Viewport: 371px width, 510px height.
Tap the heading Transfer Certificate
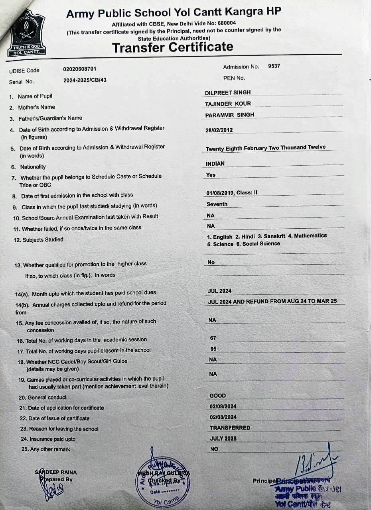tap(172, 47)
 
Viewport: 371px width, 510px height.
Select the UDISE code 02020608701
tap(79, 69)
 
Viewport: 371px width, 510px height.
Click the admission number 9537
tap(274, 66)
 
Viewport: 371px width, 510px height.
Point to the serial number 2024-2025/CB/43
tap(85, 80)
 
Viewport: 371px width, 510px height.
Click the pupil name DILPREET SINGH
tap(228, 92)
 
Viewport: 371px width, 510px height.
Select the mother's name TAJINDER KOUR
tap(228, 104)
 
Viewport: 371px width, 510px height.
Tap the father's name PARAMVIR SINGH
tap(229, 115)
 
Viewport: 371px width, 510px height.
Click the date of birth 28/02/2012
tap(219, 130)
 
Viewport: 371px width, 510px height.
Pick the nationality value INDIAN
tap(215, 163)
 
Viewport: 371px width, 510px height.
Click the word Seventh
tap(217, 204)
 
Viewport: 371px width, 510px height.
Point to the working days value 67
tap(213, 338)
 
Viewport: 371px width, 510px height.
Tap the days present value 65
tap(213, 349)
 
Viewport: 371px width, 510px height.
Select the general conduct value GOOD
tap(217, 396)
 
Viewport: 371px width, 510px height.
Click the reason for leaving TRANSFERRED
tap(230, 428)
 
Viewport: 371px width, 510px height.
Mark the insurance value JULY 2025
tap(223, 438)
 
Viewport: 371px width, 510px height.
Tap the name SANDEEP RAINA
tap(56, 472)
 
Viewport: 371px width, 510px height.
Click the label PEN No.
tap(234, 78)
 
